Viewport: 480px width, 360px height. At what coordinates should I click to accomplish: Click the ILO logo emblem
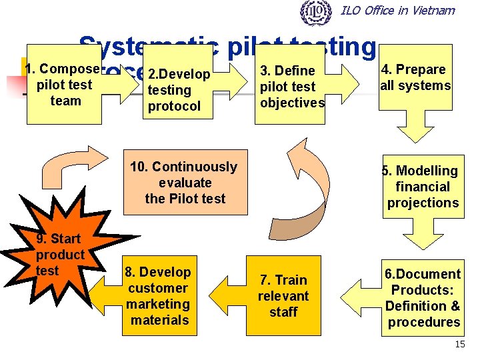click(x=316, y=11)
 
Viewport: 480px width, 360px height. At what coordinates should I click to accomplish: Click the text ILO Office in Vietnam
click(x=397, y=10)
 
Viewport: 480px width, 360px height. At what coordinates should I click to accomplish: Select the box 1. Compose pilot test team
click(x=64, y=85)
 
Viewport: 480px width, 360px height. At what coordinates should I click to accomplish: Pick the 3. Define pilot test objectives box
click(x=292, y=85)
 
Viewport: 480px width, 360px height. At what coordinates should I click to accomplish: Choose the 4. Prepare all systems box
click(x=415, y=77)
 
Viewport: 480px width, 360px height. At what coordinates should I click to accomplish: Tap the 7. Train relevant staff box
click(x=283, y=295)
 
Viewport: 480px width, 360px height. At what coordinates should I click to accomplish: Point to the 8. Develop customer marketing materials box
click(x=159, y=295)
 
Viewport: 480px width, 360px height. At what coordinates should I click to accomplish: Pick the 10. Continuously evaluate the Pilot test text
click(x=184, y=183)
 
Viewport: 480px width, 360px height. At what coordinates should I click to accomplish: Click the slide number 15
click(x=459, y=344)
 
